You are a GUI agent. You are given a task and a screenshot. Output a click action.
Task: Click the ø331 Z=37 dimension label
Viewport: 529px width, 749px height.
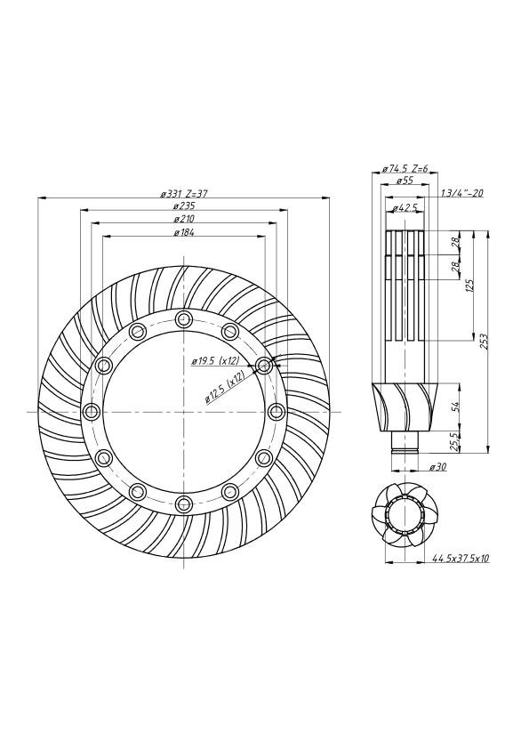tap(184, 194)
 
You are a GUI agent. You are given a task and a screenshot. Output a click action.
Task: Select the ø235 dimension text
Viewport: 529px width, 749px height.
tap(184, 206)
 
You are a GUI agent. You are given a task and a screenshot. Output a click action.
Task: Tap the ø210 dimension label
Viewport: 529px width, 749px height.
tap(184, 219)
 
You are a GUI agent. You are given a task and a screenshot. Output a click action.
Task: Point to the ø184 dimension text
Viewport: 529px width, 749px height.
tap(184, 233)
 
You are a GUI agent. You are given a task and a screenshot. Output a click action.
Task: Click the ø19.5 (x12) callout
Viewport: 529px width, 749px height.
tap(215, 362)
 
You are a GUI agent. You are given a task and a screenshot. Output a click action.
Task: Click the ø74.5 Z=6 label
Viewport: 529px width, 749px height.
tap(405, 169)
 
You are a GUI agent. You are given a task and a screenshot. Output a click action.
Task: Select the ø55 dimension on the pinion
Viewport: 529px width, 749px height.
tap(405, 181)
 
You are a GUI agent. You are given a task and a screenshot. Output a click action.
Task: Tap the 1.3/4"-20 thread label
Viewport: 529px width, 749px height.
tap(461, 193)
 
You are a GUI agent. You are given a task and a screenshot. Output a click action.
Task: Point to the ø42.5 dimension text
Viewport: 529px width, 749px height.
tap(405, 207)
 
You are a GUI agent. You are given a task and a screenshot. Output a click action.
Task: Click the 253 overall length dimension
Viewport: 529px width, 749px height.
tap(485, 341)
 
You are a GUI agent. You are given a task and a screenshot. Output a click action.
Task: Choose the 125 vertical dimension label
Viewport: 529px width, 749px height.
tap(469, 286)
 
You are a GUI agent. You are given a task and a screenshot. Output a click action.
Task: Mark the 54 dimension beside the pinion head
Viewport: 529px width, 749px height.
tap(455, 407)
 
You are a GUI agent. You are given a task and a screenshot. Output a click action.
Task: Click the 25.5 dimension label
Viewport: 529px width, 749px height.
tap(455, 441)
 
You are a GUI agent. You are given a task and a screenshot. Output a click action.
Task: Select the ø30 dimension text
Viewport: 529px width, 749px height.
tap(437, 467)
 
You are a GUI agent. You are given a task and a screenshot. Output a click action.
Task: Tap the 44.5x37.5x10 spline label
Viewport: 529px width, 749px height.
tap(461, 558)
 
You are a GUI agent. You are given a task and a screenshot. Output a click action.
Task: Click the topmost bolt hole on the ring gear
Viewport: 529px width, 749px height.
tap(184, 319)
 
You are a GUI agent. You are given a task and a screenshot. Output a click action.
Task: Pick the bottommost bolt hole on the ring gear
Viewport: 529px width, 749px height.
tap(184, 503)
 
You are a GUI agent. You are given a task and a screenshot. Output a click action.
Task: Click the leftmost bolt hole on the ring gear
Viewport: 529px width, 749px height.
tap(90, 411)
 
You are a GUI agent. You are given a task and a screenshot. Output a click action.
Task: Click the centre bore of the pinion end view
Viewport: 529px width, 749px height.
tap(405, 517)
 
